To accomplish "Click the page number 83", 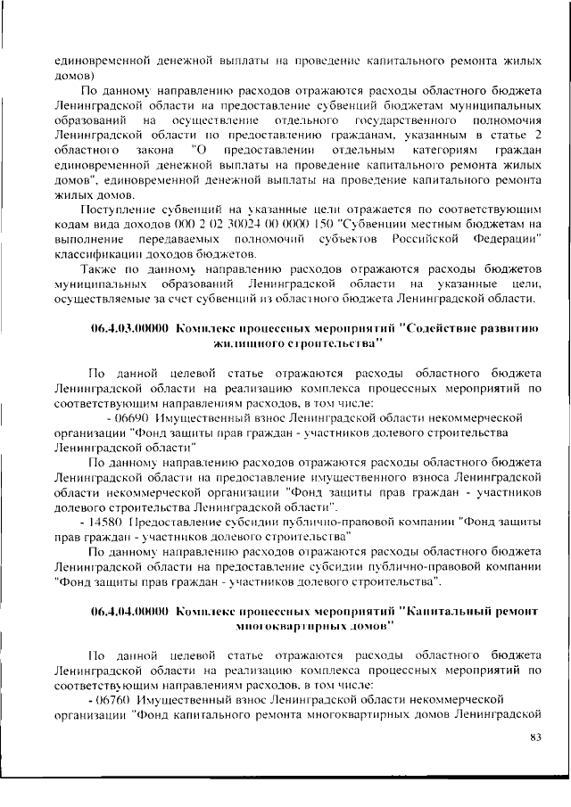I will [536, 737].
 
